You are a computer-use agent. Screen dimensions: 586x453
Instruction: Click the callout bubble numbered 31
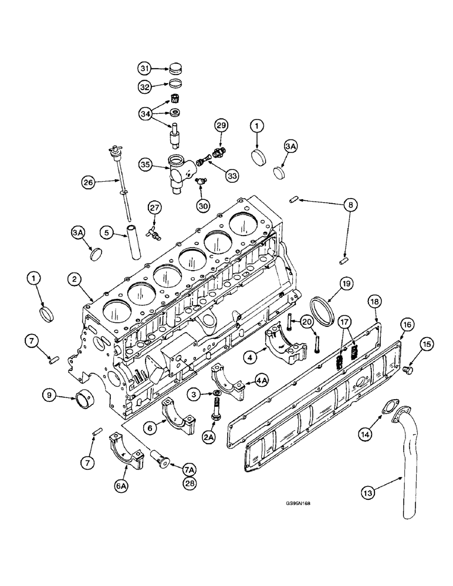pyautogui.click(x=145, y=68)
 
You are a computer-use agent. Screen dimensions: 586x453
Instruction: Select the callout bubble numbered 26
pyautogui.click(x=89, y=183)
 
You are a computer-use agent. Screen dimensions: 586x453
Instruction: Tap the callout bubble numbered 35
pyautogui.click(x=147, y=165)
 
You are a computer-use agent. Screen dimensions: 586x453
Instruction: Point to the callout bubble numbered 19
pyautogui.click(x=347, y=284)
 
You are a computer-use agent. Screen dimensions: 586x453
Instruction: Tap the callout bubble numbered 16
pyautogui.click(x=406, y=324)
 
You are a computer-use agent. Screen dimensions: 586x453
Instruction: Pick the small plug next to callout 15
pyautogui.click(x=410, y=370)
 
